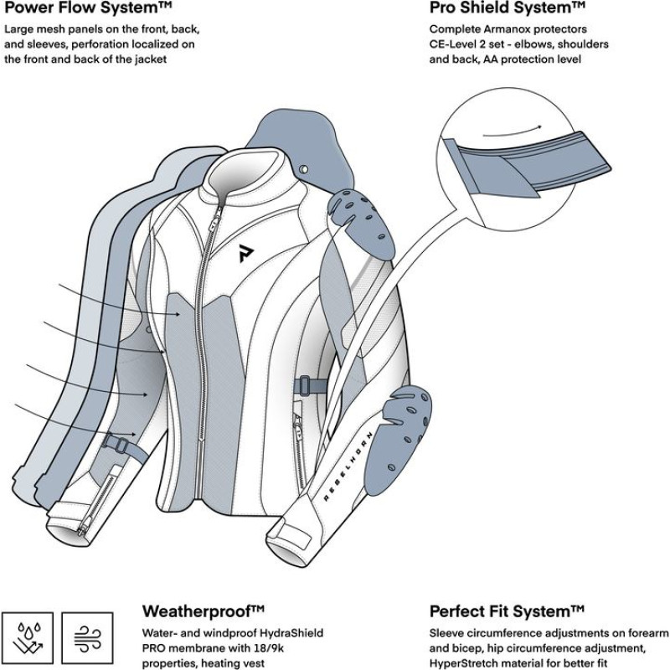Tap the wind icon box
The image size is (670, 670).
click(86, 633)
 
